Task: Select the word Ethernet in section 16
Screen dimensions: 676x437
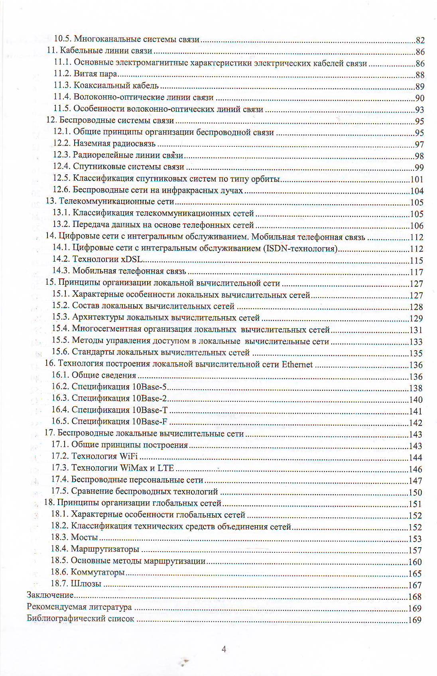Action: coord(297,364)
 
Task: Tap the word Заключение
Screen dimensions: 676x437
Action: coord(50,595)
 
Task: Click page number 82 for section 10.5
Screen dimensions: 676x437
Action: coord(420,40)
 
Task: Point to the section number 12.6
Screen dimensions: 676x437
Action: coord(62,190)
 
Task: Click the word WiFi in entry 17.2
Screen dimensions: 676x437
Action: coord(128,456)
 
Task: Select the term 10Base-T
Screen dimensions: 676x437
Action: coord(150,410)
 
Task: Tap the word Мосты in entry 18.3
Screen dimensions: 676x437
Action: coord(85,537)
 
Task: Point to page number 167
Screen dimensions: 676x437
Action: coord(415,585)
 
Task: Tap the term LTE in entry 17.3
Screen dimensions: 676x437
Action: coord(166,468)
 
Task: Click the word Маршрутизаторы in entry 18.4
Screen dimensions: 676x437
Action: coord(105,549)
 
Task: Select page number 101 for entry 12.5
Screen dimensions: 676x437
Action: coord(417,179)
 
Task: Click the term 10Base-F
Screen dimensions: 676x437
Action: coord(150,422)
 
